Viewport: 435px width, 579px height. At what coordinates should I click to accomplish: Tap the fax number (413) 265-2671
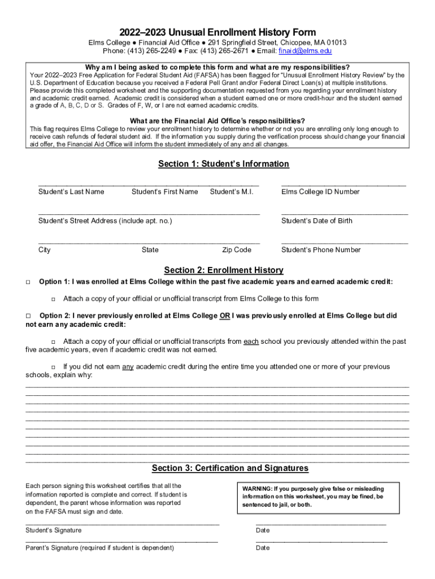pos(214,51)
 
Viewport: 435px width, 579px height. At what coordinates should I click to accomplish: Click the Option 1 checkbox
pos(28,282)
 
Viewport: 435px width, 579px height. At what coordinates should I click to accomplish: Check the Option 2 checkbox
pos(28,316)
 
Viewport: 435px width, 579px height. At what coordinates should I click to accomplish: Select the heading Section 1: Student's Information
pos(223,164)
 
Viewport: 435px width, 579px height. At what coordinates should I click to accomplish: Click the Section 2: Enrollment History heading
pos(223,270)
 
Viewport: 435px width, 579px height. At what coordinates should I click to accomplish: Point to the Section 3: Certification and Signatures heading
pos(230,468)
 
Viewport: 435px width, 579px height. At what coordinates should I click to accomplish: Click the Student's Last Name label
pos(71,192)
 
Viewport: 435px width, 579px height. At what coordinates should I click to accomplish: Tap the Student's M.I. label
pos(232,192)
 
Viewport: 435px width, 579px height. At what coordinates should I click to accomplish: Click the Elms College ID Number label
pos(320,192)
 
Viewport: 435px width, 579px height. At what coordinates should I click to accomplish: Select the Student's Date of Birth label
pos(316,221)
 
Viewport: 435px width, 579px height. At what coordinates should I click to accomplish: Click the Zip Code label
pos(237,250)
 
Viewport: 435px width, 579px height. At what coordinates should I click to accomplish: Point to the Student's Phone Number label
pos(321,250)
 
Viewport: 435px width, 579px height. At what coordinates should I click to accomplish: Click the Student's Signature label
pos(54,530)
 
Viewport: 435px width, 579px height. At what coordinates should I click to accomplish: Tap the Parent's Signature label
pos(100,548)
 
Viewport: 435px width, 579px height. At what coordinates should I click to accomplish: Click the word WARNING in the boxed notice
pos(257,489)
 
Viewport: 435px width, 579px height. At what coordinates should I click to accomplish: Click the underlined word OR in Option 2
pos(224,316)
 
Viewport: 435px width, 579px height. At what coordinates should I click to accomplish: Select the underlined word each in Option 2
pos(251,342)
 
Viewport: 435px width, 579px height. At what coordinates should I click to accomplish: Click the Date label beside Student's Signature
pos(263,530)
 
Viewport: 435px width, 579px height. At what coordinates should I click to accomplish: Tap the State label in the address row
pos(150,250)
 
